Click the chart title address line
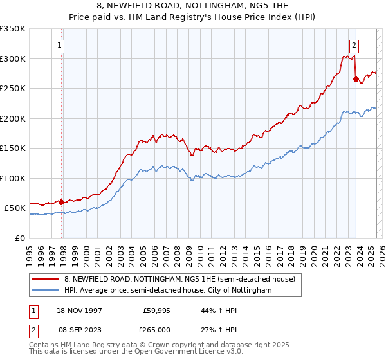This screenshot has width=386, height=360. click(193, 6)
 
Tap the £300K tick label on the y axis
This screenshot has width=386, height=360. click(13, 59)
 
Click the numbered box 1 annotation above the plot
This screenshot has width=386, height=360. click(59, 45)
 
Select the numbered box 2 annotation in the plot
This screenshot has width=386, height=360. click(354, 45)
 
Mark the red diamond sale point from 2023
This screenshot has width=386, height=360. click(355, 80)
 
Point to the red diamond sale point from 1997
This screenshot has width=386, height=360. click(62, 202)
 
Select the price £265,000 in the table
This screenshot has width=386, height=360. click(156, 329)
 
